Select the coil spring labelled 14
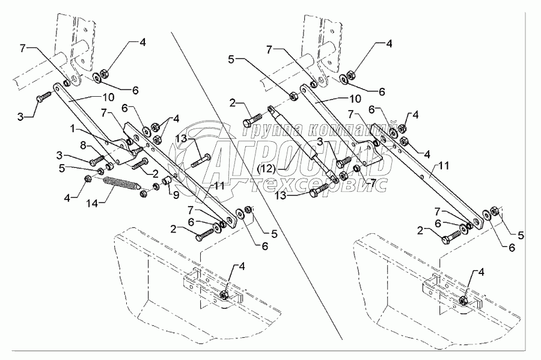click(x=122, y=183)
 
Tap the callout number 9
click(x=176, y=195)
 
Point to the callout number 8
click(x=83, y=145)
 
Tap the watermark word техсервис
click(x=319, y=185)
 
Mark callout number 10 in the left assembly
click(x=108, y=97)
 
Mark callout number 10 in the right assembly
click(x=354, y=99)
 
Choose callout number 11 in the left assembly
click(x=218, y=186)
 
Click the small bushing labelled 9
click(x=167, y=181)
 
